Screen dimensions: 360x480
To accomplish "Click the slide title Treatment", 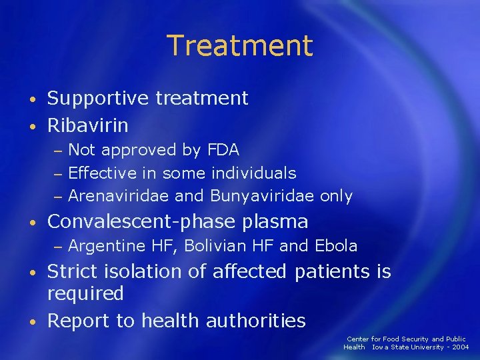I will click(x=239, y=45).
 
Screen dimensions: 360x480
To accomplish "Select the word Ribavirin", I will click(x=87, y=125).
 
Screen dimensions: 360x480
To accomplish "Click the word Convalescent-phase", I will click(x=140, y=221).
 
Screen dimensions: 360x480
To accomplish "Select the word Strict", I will click(x=72, y=271).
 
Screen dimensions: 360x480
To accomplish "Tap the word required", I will click(x=85, y=293).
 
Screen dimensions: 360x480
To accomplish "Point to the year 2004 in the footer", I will click(x=458, y=347).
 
